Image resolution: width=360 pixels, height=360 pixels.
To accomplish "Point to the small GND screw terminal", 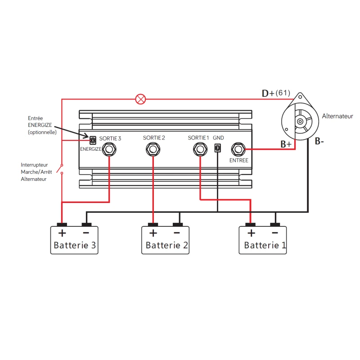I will [x=218, y=148].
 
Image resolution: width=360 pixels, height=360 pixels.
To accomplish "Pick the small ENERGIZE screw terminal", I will [x=93, y=140].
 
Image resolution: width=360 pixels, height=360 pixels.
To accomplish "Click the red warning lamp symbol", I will [x=141, y=99].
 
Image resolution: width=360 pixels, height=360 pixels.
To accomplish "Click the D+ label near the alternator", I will [x=269, y=94].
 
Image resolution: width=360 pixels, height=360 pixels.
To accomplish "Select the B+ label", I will [x=287, y=144].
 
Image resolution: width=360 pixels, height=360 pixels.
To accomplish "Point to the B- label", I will [x=319, y=141].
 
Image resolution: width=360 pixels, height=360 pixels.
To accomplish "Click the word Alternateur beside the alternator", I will [x=337, y=116].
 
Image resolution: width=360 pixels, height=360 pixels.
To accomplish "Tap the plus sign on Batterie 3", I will [x=62, y=233].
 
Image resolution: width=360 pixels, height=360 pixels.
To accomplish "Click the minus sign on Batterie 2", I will [x=176, y=233].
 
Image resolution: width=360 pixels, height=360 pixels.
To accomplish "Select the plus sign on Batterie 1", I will [x=251, y=233].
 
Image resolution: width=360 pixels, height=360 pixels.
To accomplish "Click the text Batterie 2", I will [x=167, y=246].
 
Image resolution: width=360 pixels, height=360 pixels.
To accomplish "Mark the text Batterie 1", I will [x=265, y=246].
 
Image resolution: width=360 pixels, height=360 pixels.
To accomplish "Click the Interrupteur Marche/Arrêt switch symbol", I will [x=63, y=168].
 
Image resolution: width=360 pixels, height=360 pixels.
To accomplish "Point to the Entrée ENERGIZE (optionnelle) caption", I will [x=42, y=125].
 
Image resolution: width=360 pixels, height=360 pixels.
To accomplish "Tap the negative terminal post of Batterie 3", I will [x=86, y=225].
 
